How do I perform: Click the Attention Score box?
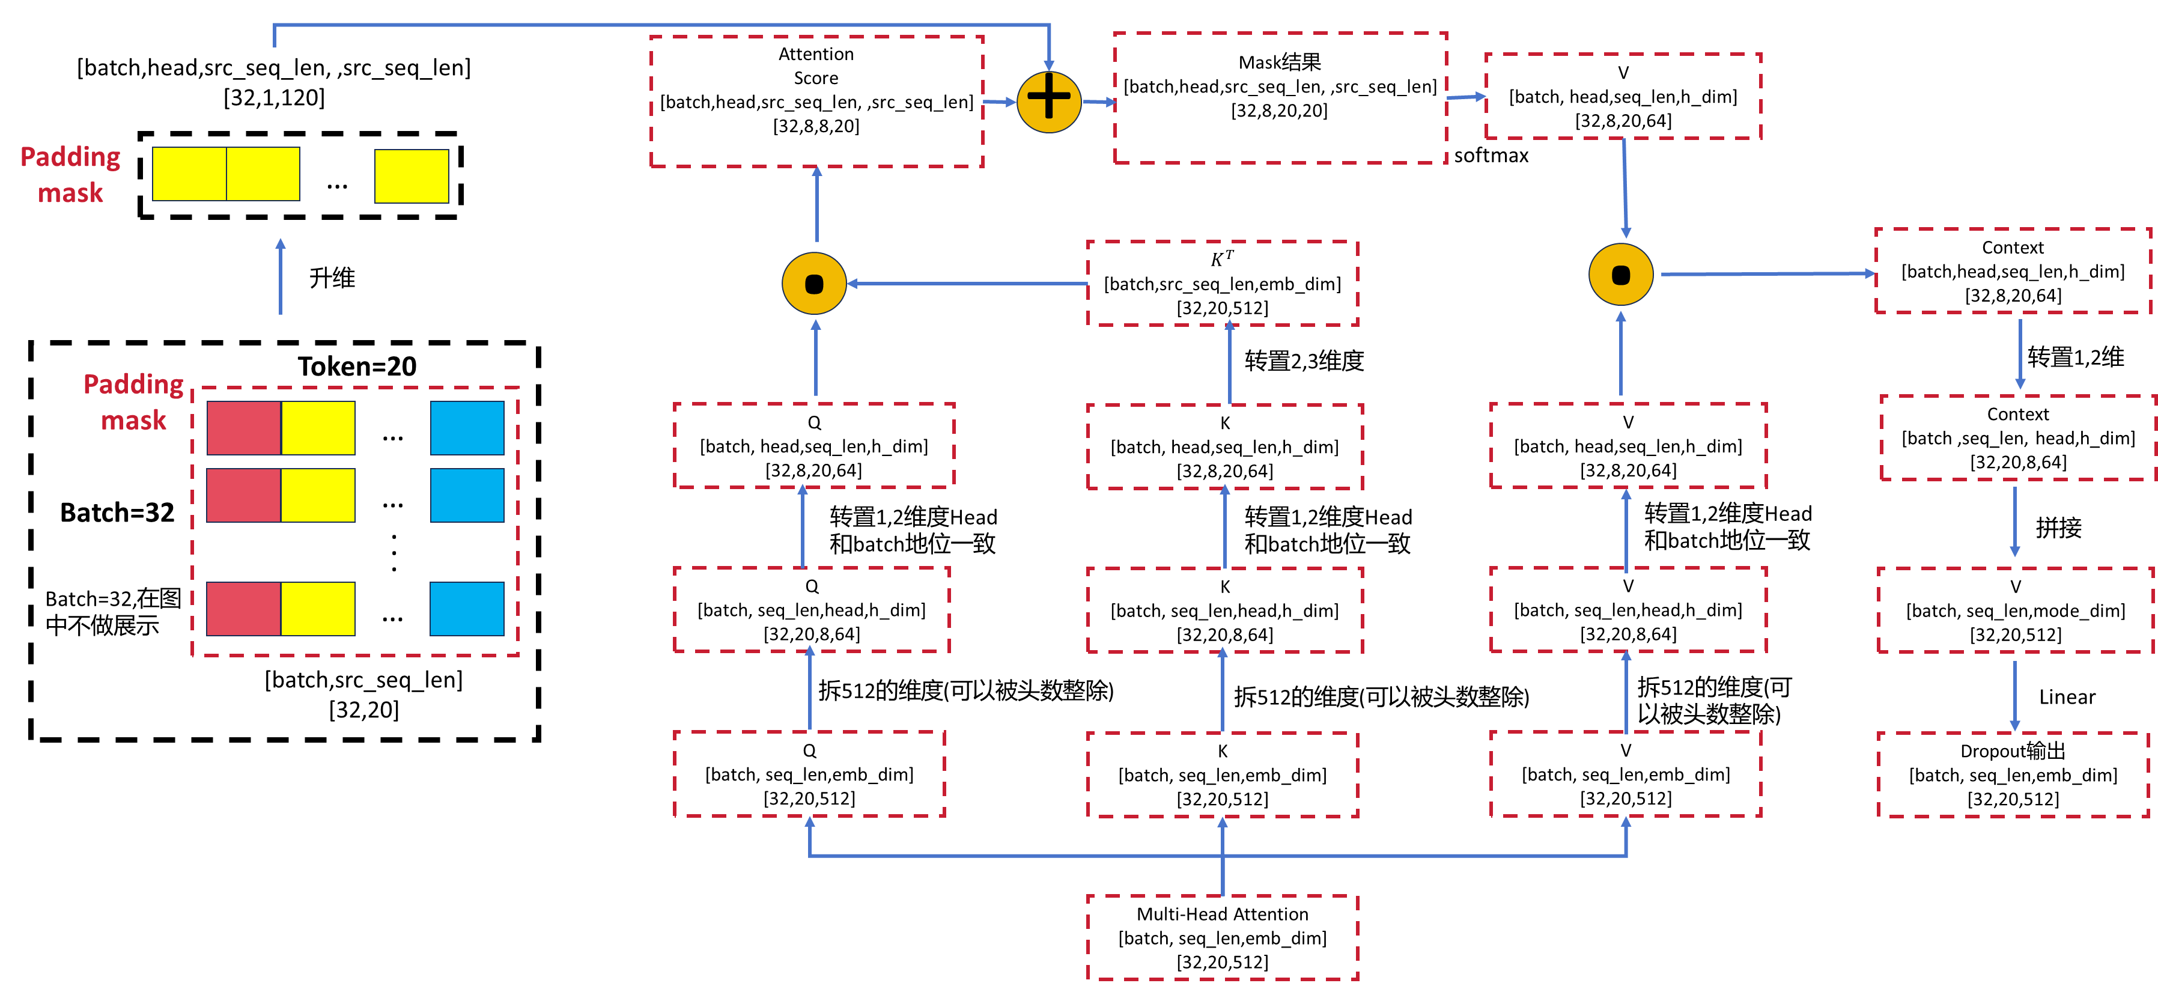(x=817, y=100)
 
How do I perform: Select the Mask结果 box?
(x=1280, y=97)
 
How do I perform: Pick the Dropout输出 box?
(x=2013, y=774)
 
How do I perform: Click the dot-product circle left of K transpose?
(x=814, y=283)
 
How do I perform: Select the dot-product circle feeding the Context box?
(x=1621, y=275)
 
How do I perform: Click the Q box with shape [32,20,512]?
(x=809, y=774)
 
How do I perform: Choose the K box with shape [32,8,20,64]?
(x=1225, y=446)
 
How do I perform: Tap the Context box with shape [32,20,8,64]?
(x=2018, y=437)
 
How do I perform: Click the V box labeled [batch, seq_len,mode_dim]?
(x=2016, y=610)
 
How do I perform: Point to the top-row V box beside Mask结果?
(x=1623, y=96)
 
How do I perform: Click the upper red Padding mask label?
(x=70, y=174)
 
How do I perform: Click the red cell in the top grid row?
(x=244, y=428)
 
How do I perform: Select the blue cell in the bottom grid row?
(x=467, y=609)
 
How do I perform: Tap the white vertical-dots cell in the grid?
(x=394, y=553)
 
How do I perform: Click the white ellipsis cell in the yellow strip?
(x=337, y=176)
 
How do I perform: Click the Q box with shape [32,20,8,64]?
(x=811, y=610)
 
